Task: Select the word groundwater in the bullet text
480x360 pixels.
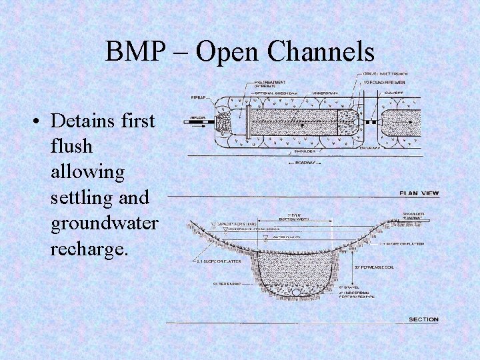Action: pos(104,223)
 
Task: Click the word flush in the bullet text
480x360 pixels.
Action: pos(69,147)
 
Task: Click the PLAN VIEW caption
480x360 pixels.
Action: pos(419,193)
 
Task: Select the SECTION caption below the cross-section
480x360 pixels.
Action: pos(423,319)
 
